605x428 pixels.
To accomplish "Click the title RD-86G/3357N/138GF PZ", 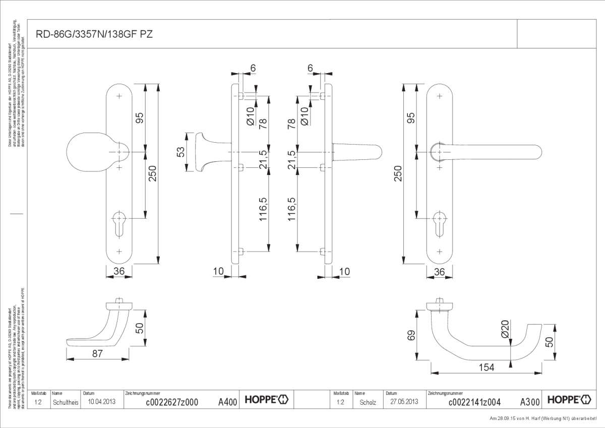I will click(x=94, y=34).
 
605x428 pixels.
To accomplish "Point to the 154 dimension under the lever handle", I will click(x=486, y=368).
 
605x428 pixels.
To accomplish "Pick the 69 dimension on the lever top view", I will click(x=411, y=336).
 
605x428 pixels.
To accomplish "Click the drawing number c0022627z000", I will click(x=171, y=402).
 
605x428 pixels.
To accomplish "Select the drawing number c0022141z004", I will click(x=474, y=402).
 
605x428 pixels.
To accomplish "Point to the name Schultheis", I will click(x=65, y=402).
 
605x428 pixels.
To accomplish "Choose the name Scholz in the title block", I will click(x=368, y=402).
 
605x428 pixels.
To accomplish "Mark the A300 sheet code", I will click(x=530, y=402).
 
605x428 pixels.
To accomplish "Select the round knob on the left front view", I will click(x=91, y=151).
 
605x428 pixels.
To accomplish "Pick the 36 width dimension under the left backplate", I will click(x=119, y=271).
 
